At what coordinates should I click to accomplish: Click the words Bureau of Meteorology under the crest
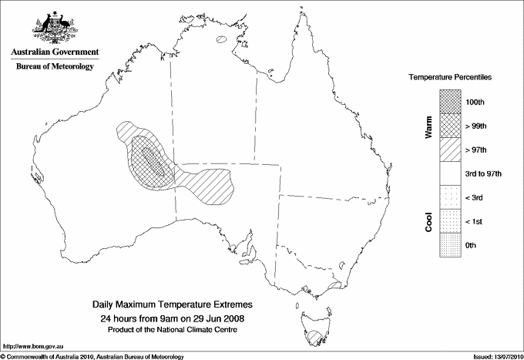point(55,67)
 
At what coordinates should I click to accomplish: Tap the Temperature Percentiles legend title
point(451,78)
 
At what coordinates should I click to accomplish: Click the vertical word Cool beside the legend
point(428,221)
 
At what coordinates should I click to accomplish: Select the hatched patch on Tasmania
point(314,337)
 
